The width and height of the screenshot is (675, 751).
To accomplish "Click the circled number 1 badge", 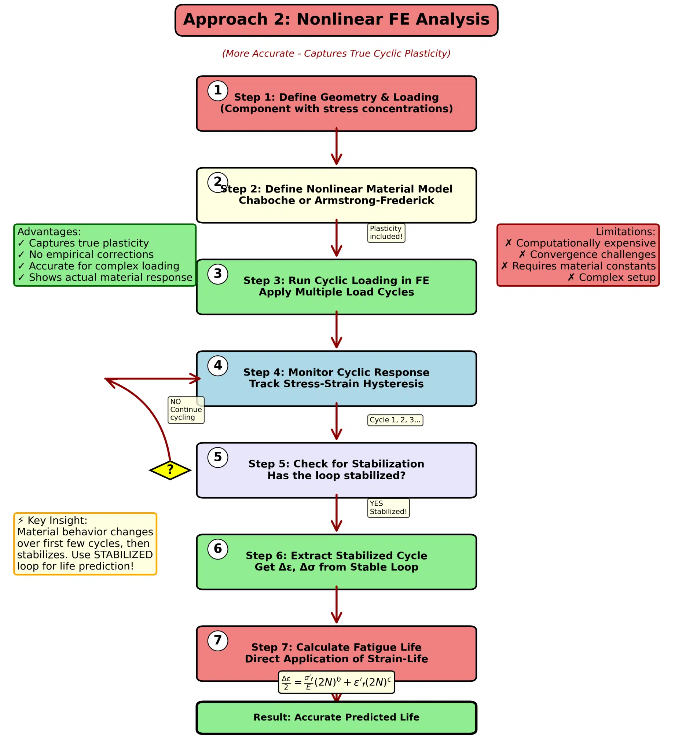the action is point(218,91).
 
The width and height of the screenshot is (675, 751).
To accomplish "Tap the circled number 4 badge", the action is point(218,366).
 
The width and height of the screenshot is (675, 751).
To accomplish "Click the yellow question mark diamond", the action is point(170,470).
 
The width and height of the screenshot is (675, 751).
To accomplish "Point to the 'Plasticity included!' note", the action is point(386,232).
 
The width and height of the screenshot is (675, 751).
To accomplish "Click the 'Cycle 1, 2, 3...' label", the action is point(395,420).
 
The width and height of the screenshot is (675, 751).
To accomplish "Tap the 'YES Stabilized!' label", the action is point(388,508).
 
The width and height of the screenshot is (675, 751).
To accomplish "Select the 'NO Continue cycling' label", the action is point(186,410).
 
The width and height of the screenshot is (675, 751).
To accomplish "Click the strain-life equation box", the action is point(336,682).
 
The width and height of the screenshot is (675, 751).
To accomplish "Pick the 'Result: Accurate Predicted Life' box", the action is point(336,718).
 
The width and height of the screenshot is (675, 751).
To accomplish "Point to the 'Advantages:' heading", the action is point(49,232).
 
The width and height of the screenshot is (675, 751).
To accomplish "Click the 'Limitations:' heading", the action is point(626,232).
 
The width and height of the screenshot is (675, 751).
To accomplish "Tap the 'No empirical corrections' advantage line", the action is point(86,255).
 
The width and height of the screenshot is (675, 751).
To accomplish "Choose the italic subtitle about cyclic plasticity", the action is point(336,54).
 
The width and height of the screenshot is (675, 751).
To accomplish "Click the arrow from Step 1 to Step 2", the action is point(336,146).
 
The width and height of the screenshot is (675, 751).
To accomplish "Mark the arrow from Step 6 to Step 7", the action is point(336,605).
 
